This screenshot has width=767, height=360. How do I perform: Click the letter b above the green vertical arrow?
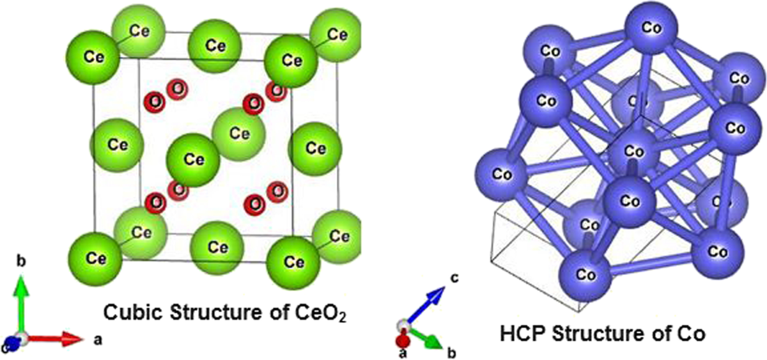pos(21,262)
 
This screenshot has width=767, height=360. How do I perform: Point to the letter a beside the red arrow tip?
pos(98,340)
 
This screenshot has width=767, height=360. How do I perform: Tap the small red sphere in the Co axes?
pos(403,339)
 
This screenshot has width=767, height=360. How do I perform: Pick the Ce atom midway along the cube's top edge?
pos(216,45)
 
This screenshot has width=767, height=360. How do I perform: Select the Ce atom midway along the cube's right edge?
pos(314,148)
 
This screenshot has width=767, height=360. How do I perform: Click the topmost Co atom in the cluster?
pos(649,29)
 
